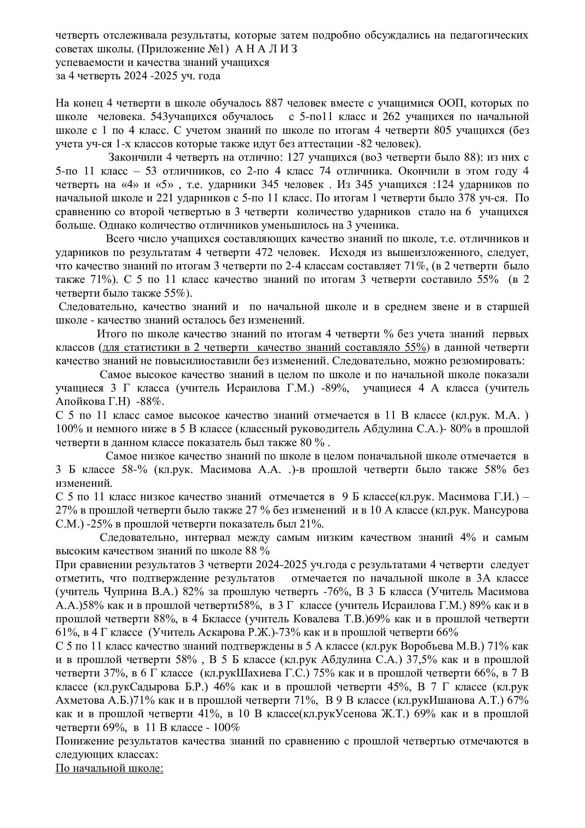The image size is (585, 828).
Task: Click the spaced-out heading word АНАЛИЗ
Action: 263,49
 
